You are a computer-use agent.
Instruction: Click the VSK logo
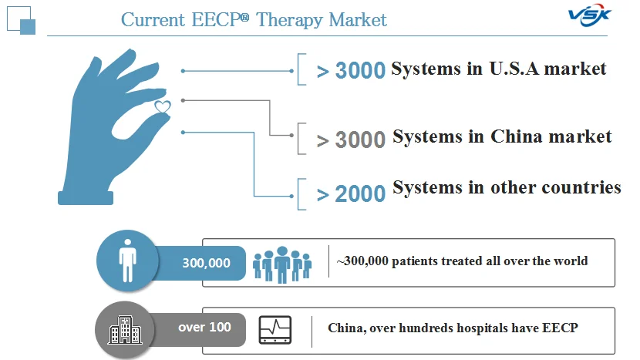(589, 16)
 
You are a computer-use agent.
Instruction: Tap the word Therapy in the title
(290, 20)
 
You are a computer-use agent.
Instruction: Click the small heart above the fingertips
(163, 106)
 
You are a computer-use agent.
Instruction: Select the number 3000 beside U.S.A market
(360, 70)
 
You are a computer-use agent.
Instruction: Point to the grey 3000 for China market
(360, 140)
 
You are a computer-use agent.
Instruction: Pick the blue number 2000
(360, 193)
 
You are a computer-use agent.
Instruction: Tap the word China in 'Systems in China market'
(517, 136)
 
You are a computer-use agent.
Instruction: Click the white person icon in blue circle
(128, 261)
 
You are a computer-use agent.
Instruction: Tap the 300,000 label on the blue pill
(206, 263)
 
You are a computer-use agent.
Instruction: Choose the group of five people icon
(282, 264)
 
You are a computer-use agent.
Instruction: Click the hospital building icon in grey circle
(125, 330)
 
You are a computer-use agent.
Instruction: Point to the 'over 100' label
(204, 327)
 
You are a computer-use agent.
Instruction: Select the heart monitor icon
(275, 330)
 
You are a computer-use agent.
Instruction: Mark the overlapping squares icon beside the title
(22, 20)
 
